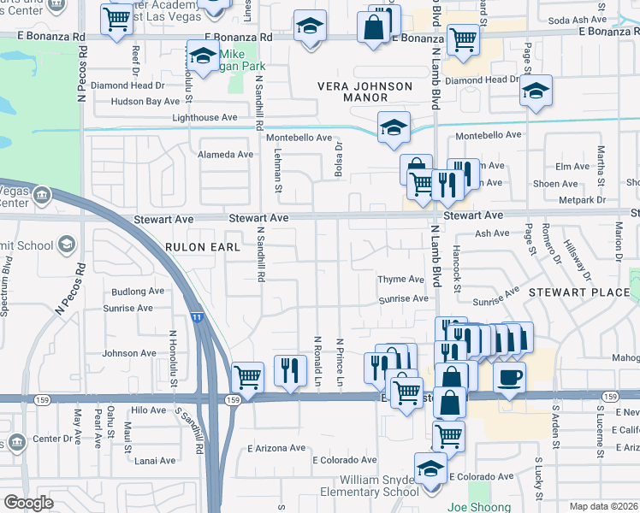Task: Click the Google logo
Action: pyautogui.click(x=28, y=503)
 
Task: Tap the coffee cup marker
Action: pyautogui.click(x=509, y=377)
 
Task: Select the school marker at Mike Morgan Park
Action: pyautogui.click(x=202, y=58)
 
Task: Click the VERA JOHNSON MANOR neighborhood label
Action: pyautogui.click(x=364, y=92)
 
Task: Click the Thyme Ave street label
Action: pyautogui.click(x=402, y=280)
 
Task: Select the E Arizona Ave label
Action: pyautogui.click(x=276, y=448)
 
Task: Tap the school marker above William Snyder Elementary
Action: pyautogui.click(x=430, y=469)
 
